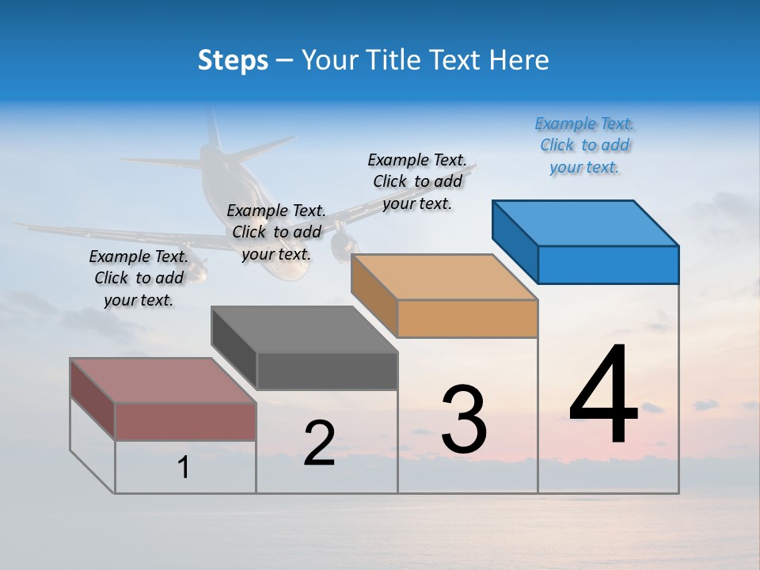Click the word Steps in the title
click(233, 60)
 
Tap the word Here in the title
click(519, 60)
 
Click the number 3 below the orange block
click(464, 420)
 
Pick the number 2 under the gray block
click(319, 443)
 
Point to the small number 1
click(184, 468)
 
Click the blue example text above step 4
click(584, 146)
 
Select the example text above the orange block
click(417, 181)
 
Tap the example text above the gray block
click(276, 232)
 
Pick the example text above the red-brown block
click(139, 278)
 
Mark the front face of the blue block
click(608, 264)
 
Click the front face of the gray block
click(327, 370)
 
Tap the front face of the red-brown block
click(185, 421)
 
